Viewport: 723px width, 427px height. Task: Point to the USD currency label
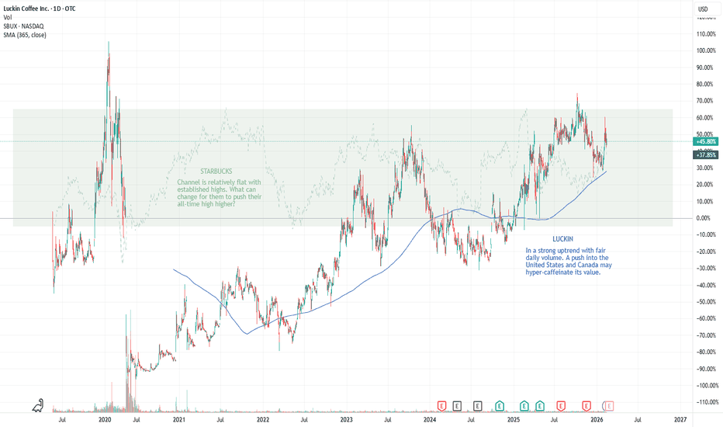703,9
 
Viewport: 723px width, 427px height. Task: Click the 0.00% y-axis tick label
704,218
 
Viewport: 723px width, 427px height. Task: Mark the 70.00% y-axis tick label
704,101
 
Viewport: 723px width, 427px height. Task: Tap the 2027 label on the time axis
680,419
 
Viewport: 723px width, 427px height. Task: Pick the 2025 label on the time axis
513,419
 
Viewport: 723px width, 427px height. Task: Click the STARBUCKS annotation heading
215,172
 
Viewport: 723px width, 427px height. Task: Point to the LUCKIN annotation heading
564,240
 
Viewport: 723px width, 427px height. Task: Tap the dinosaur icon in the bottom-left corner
38,405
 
